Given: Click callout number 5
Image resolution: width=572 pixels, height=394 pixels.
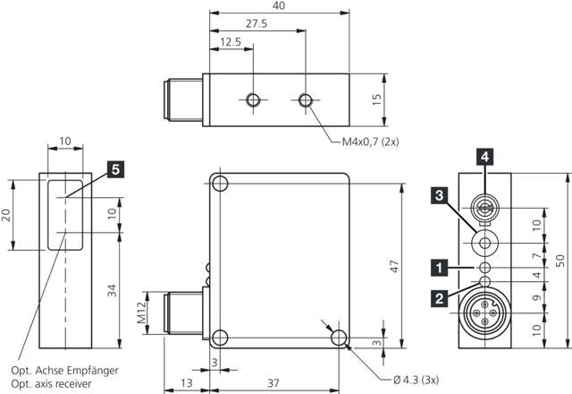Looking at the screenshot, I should click(115, 167).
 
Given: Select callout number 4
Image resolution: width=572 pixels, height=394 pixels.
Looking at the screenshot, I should click(484, 157).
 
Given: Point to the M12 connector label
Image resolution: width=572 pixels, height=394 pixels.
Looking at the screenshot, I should click(140, 313).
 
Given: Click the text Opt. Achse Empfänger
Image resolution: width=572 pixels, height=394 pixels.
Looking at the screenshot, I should click(77, 370).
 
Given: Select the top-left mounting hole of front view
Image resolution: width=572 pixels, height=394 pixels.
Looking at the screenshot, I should click(220, 184).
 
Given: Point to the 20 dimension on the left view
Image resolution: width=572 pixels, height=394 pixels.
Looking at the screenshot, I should click(7, 215).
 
